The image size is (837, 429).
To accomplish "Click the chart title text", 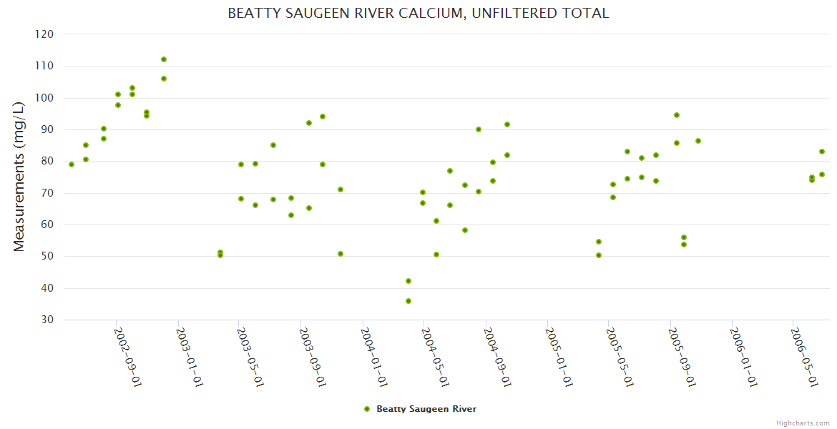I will click(418, 13).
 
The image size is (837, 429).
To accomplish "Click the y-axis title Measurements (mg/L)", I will click(19, 177).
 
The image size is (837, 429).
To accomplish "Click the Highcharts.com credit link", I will click(803, 423).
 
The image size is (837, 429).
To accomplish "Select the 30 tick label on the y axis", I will click(46, 320).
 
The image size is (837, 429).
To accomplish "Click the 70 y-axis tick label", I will click(46, 193).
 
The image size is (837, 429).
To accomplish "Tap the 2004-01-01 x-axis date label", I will click(374, 357).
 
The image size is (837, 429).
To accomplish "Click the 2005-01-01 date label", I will click(559, 357).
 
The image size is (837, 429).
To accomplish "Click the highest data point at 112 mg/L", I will click(164, 59).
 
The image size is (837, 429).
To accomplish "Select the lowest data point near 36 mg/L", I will click(408, 301).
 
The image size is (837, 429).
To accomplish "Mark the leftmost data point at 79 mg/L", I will click(72, 164).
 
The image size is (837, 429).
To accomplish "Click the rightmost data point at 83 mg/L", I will click(822, 152).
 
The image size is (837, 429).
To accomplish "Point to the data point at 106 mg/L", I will click(164, 79).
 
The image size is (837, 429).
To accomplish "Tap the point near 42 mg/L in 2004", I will click(408, 281).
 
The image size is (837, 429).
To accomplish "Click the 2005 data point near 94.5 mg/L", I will click(677, 115).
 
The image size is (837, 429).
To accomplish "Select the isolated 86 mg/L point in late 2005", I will click(698, 141).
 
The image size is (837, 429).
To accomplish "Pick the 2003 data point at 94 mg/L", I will click(323, 117).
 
